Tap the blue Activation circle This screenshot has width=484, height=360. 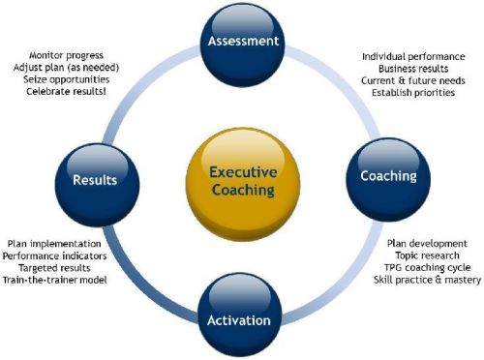pyautogui.click(x=244, y=318)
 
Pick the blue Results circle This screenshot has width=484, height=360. pyautogui.click(x=95, y=178)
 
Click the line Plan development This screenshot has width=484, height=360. pyautogui.click(x=427, y=243)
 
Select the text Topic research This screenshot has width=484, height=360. pyautogui.click(x=427, y=255)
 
